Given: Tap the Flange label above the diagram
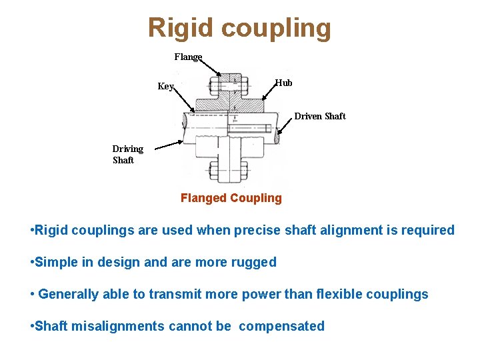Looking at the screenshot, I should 188,57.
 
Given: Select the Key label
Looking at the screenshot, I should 165,86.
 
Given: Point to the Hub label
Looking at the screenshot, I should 283,83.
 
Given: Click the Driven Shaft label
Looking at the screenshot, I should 320,116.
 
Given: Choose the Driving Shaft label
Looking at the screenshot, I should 127,154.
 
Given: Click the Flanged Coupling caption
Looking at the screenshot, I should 231,198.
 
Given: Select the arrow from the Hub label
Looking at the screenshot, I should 269,91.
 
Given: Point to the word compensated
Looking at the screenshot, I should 281,326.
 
